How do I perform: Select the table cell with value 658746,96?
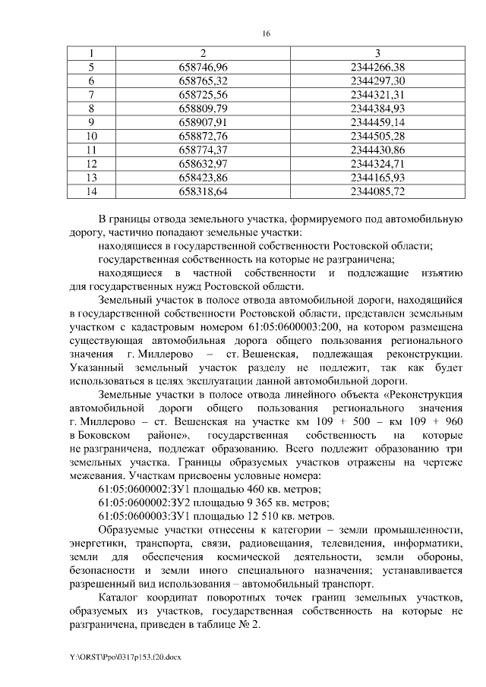[x=203, y=67]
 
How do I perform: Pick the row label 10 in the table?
[x=93, y=136]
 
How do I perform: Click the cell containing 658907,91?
[x=203, y=122]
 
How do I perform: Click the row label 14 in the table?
[x=93, y=191]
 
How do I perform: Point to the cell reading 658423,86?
[x=203, y=178]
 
